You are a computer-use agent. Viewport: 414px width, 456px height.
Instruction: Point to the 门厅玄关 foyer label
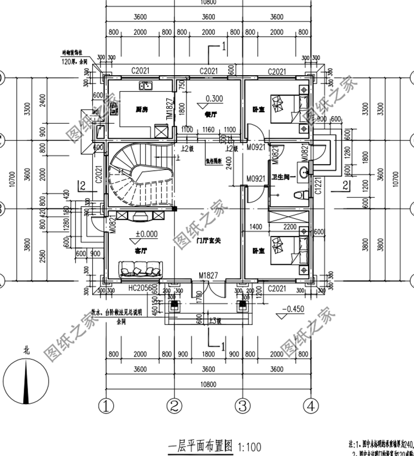[209, 241]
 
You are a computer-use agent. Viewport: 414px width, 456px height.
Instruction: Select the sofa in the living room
[141, 270]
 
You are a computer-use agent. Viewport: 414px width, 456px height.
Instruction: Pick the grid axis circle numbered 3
[241, 406]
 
